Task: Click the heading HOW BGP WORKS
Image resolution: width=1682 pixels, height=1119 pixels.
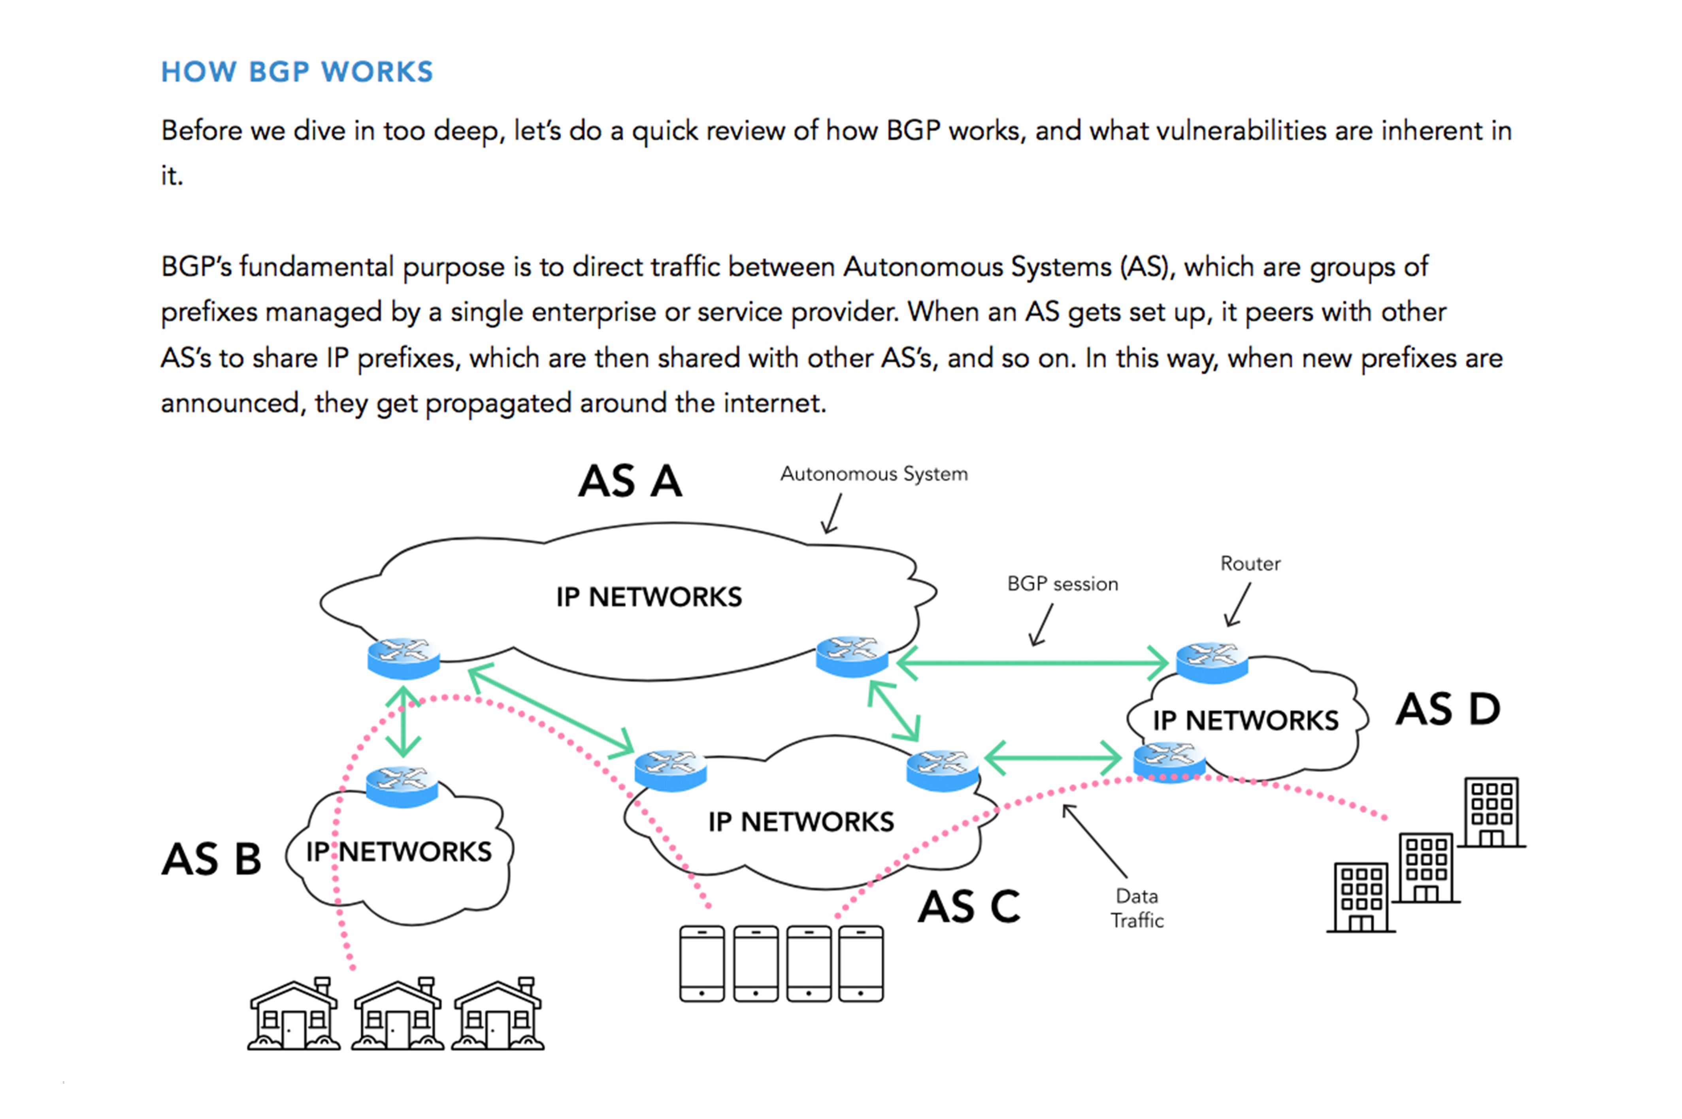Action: [297, 72]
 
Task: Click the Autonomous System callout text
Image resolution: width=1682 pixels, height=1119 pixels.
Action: [873, 474]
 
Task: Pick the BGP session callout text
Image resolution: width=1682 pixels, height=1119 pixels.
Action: [1062, 584]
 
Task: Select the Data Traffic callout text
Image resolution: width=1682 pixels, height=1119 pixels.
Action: [1136, 908]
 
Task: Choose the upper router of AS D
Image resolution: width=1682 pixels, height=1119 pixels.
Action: [1212, 661]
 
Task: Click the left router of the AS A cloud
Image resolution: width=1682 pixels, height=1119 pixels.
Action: [403, 657]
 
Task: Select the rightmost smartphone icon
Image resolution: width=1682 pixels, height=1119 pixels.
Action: [861, 963]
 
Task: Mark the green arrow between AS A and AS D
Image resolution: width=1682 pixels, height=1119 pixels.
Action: [1031, 663]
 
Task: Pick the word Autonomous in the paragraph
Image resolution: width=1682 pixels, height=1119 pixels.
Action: [909, 267]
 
